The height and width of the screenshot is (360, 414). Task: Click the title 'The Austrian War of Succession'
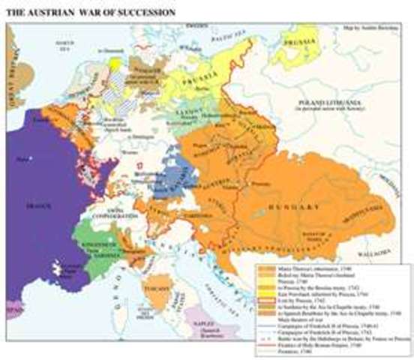click(x=91, y=13)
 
